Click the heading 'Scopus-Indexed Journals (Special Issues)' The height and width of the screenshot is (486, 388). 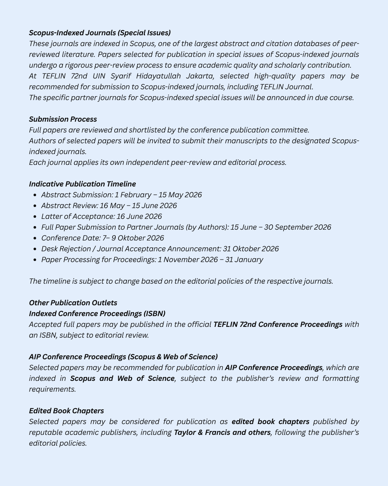coord(100,33)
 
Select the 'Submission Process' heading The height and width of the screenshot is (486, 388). coord(63,119)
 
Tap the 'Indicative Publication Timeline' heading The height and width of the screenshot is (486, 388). coord(82,184)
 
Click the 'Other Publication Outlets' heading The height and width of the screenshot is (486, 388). coord(73,303)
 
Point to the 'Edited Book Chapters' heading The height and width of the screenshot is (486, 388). coord(66,411)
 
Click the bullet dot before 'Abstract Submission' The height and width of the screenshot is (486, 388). coord(34,195)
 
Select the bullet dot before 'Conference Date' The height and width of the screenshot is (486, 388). coord(34,238)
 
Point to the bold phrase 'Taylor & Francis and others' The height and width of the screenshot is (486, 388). coord(222,432)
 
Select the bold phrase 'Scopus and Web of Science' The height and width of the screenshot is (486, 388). coord(122,378)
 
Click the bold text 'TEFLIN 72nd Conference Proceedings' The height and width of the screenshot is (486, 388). coord(278,324)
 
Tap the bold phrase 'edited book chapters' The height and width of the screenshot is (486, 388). coord(271,422)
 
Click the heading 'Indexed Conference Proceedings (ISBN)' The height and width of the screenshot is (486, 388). coord(97,314)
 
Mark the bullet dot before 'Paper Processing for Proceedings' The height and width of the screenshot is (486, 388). coord(34,260)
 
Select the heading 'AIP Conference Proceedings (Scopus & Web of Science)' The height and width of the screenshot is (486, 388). coord(123,357)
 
